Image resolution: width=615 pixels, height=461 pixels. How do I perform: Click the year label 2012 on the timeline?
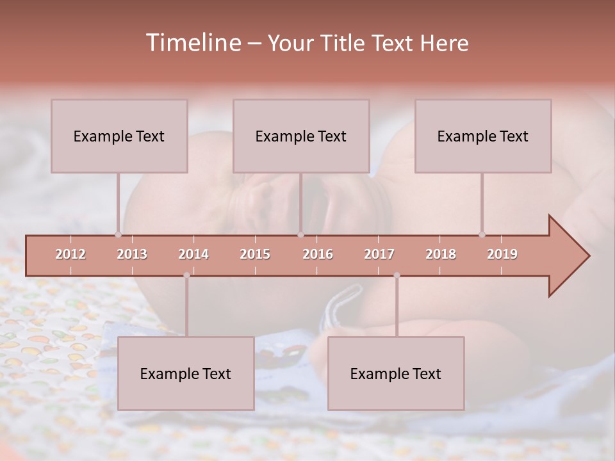tap(70, 254)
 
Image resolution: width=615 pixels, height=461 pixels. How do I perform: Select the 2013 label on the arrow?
tap(132, 254)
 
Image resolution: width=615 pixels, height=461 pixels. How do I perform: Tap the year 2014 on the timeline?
tap(193, 254)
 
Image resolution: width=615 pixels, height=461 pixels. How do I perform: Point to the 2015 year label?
tap(255, 254)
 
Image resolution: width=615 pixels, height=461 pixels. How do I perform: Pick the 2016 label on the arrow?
tap(318, 254)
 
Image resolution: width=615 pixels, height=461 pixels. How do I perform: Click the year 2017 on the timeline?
tap(379, 254)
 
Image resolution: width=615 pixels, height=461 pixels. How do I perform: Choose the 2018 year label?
tap(441, 254)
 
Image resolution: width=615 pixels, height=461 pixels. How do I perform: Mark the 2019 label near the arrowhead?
tap(502, 254)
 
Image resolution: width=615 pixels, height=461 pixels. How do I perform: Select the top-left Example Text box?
tap(119, 136)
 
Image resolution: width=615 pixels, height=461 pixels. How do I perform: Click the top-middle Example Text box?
tap(301, 136)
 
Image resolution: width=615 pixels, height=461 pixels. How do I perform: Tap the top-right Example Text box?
tap(483, 136)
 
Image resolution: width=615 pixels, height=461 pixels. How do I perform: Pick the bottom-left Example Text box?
tap(186, 374)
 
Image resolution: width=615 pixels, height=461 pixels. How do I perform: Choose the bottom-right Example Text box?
tap(396, 374)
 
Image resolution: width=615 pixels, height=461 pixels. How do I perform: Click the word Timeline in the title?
tap(192, 43)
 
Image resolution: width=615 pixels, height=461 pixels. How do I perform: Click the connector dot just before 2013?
tap(118, 234)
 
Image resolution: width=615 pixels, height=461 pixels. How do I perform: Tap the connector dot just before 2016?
tap(300, 234)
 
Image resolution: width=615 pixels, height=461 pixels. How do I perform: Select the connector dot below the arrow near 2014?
tap(186, 275)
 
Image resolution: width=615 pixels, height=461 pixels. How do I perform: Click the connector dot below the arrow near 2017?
tap(397, 275)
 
